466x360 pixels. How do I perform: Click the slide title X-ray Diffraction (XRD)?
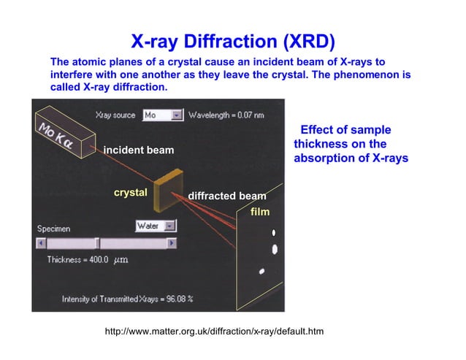(x=233, y=40)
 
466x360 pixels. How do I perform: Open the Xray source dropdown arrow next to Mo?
(x=176, y=115)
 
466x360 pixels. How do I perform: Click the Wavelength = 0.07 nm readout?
(x=226, y=115)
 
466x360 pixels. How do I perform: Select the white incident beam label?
(x=138, y=150)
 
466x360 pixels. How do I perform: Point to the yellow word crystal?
(x=130, y=193)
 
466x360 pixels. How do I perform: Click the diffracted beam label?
(x=226, y=196)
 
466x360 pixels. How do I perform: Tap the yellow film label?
(x=260, y=212)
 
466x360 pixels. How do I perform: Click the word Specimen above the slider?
(x=54, y=229)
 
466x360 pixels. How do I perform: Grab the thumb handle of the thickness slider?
(x=98, y=243)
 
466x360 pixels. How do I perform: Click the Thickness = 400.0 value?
(x=77, y=259)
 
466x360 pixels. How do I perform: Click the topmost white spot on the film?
(x=274, y=233)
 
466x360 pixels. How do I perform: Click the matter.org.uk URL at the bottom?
(x=214, y=332)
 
